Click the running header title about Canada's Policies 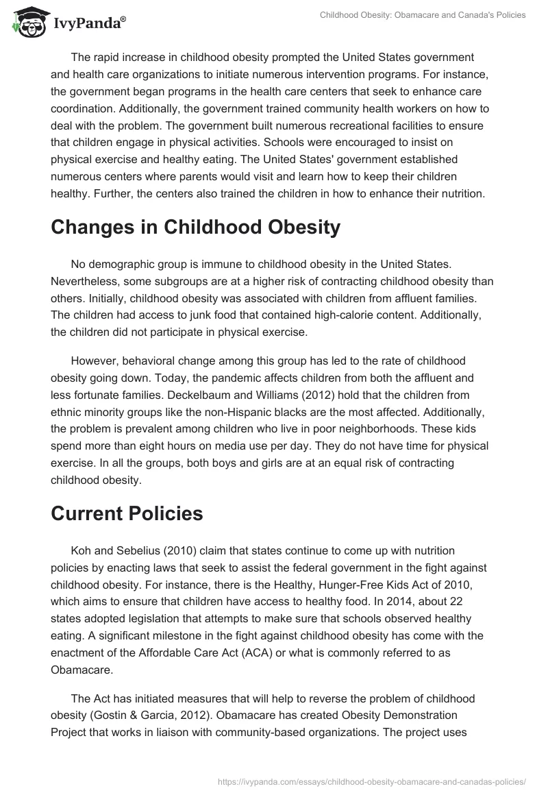(x=423, y=14)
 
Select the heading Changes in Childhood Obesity (x=195, y=228)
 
